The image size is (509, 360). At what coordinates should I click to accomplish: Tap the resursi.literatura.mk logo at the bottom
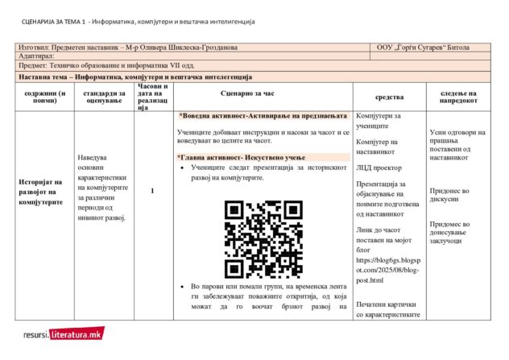pyautogui.click(x=63, y=333)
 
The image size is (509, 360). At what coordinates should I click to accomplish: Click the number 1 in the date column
pyautogui.click(x=152, y=190)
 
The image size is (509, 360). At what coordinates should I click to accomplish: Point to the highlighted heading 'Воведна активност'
pyautogui.click(x=268, y=116)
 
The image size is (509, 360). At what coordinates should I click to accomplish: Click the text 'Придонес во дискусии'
pyautogui.click(x=449, y=196)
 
